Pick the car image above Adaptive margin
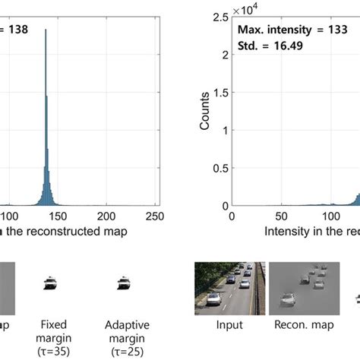(121, 284)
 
